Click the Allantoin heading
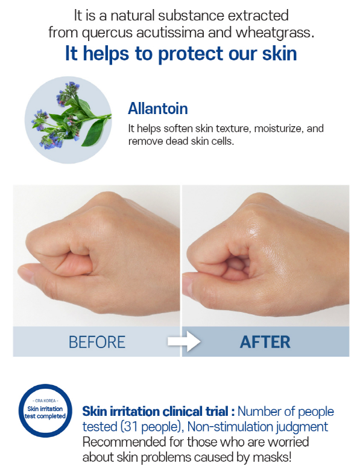[x=158, y=109]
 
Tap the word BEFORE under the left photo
[x=97, y=342]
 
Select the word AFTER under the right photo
[x=265, y=342]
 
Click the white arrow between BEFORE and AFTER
[x=184, y=342]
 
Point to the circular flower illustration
[x=68, y=120]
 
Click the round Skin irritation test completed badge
[x=45, y=411]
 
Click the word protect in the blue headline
[x=191, y=54]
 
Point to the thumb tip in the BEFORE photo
[x=22, y=272]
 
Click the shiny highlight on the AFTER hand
[x=254, y=232]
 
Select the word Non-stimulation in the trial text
[x=231, y=427]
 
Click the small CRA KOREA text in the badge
[x=45, y=401]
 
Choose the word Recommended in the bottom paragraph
[x=124, y=442]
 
